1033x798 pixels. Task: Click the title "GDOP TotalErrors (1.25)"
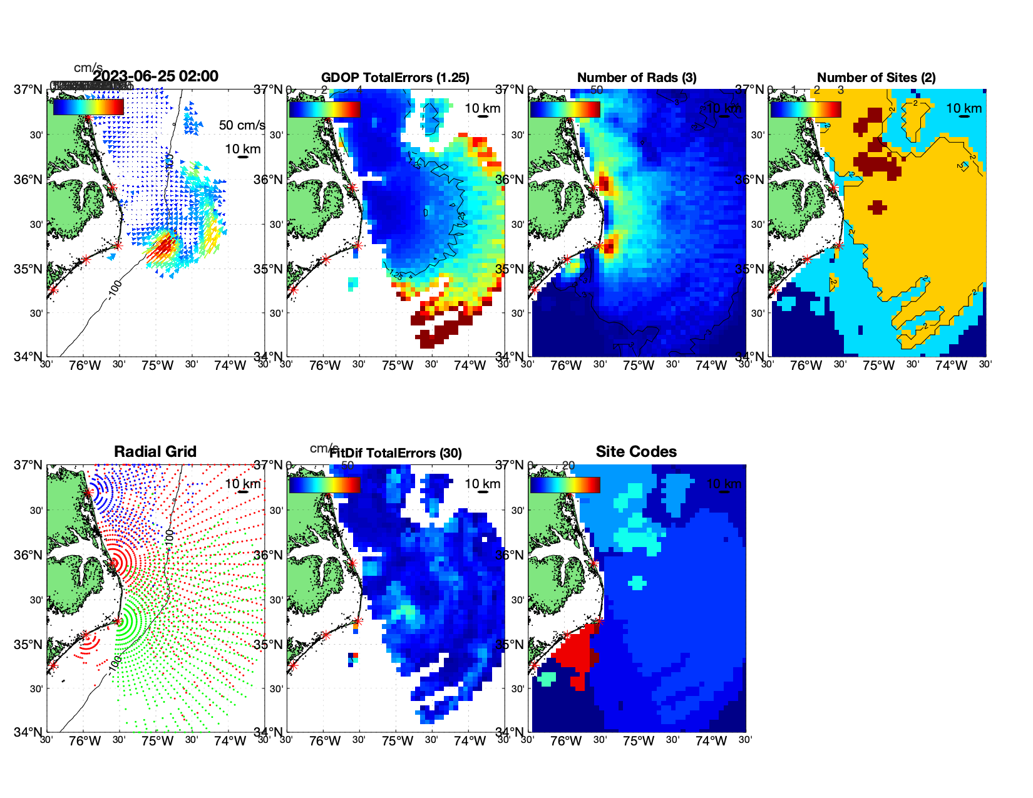tap(395, 78)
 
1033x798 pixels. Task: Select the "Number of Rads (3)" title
tap(637, 78)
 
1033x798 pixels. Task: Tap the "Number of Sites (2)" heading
tap(876, 78)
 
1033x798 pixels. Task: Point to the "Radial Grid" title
tap(155, 452)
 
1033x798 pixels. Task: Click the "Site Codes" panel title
tap(636, 452)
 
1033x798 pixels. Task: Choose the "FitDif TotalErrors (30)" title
tap(396, 453)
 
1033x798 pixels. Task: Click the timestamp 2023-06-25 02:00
tap(156, 76)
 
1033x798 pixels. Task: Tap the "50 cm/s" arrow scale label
tap(242, 125)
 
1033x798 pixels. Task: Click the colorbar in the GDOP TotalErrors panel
tap(324, 109)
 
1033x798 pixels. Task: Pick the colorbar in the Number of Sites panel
tap(806, 109)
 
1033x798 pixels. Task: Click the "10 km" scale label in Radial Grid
tap(242, 484)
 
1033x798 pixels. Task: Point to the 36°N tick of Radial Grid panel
tap(29, 555)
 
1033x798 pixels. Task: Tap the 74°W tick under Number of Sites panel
tap(951, 366)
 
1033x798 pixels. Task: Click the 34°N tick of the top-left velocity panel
tap(29, 357)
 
